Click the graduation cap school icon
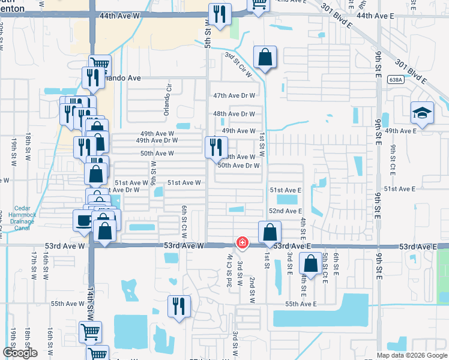click(423, 113)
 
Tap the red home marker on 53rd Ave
click(242, 243)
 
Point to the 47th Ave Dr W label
click(234, 95)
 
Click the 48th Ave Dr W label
click(234, 114)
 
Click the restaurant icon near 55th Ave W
click(179, 305)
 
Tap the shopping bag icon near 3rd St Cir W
click(265, 57)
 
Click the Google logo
click(20, 353)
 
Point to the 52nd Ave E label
click(285, 211)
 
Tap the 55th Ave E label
click(300, 304)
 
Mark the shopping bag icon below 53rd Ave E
click(310, 263)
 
